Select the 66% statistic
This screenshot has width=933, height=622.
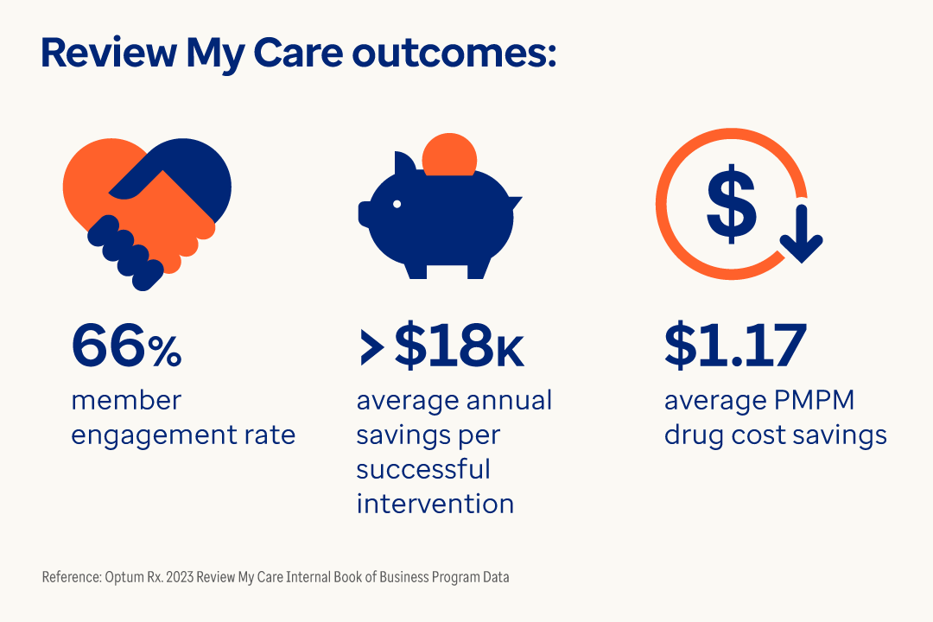126,346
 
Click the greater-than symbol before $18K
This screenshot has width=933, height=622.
371,346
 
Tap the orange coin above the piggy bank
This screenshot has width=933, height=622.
449,153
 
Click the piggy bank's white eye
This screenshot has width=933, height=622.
397,204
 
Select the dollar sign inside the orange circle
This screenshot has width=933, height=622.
731,205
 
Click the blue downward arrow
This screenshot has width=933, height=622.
803,234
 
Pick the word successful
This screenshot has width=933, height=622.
423,468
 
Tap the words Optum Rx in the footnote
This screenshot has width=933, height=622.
128,577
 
